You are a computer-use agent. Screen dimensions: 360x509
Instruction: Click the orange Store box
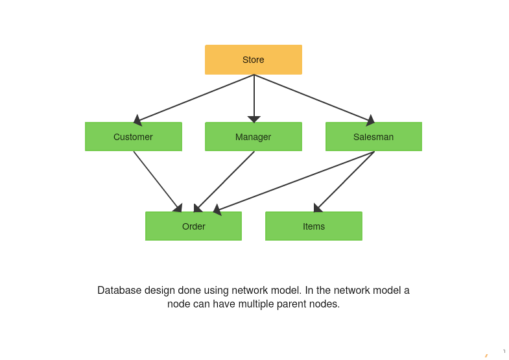[254, 60]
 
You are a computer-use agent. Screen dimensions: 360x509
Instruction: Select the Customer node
[133, 137]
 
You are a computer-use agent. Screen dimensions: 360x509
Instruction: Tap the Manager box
[254, 137]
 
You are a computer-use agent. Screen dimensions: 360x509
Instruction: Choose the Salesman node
[373, 137]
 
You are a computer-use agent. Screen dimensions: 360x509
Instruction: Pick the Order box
[193, 226]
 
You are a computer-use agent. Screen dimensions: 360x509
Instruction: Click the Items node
[314, 226]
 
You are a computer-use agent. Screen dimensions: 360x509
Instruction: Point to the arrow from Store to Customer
[195, 98]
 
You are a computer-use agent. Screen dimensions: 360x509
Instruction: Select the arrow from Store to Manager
[254, 96]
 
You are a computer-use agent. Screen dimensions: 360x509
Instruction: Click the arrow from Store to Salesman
[313, 98]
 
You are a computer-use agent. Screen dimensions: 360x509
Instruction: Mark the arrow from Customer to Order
[156, 180]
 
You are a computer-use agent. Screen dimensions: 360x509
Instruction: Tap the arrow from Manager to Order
[226, 180]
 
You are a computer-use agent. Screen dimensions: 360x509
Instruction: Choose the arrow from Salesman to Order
[295, 181]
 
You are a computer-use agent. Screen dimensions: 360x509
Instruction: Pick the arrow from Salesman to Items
[346, 180]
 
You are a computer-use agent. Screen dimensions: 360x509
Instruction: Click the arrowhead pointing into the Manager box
[254, 119]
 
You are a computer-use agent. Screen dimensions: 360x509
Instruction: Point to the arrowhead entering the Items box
[317, 208]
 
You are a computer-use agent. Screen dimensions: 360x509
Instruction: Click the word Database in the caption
[119, 291]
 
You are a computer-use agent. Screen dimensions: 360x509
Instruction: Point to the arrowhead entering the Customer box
[137, 120]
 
